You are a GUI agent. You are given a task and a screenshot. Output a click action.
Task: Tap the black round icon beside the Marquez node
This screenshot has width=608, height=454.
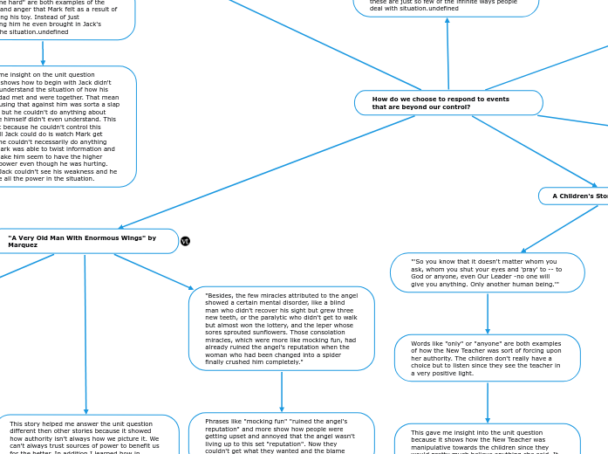coord(185,241)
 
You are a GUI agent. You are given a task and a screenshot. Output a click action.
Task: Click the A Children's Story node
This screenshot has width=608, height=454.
coord(576,196)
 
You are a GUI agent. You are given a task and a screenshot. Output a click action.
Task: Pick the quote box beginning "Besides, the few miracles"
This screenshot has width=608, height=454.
coord(281,328)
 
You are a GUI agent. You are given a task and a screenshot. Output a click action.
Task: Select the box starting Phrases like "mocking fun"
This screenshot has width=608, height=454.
coord(281,434)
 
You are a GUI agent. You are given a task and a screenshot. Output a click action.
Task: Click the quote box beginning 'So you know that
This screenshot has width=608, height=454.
coord(487,272)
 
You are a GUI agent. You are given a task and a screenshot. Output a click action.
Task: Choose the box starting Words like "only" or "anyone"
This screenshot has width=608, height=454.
coord(487,358)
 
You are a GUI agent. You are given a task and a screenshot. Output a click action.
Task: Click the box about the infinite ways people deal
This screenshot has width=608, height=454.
coord(445,8)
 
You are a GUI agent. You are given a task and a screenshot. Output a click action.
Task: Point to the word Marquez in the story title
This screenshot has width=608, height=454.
coord(23,245)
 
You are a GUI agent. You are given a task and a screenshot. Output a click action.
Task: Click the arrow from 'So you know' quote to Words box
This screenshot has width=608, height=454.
coord(488,313)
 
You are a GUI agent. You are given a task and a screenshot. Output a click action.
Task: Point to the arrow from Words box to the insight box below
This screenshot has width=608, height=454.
coord(488,402)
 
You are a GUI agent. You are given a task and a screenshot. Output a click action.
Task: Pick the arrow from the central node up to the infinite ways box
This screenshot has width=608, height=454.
coord(447,52)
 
